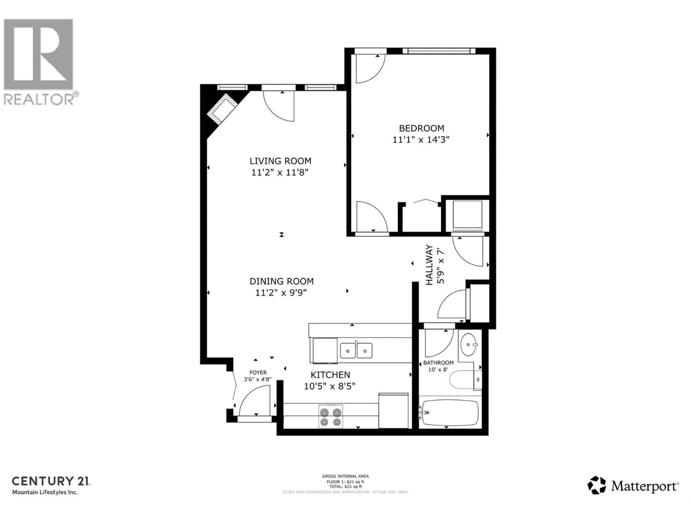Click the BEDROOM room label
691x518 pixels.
pos(421,128)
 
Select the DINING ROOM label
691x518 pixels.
pos(281,281)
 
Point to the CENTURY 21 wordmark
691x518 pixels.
pos(51,481)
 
